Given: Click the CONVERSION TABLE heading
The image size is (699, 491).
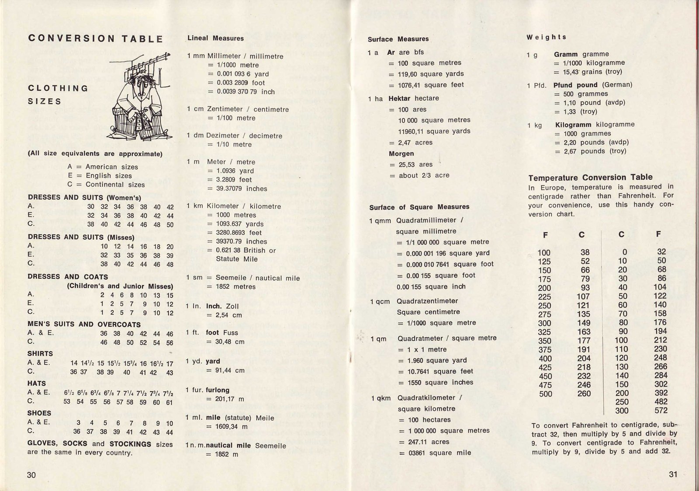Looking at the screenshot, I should click(x=96, y=38).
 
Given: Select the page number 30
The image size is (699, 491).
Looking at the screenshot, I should click(x=31, y=475).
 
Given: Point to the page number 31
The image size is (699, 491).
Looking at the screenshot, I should click(x=673, y=474).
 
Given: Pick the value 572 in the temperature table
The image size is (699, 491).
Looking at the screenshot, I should click(x=661, y=410).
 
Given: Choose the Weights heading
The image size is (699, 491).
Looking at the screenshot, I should click(x=546, y=37).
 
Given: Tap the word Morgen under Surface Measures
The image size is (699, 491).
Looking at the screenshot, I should click(x=401, y=153).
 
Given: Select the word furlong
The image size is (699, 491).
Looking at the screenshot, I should click(x=218, y=390).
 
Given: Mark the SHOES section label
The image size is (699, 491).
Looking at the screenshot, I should click(x=39, y=413).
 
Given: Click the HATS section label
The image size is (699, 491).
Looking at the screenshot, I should click(x=37, y=383).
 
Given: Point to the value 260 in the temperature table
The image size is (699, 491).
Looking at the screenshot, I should click(x=584, y=393).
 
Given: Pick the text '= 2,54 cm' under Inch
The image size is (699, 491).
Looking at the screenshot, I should click(x=224, y=315).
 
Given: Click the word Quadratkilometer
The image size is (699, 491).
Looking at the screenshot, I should click(x=426, y=397).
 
